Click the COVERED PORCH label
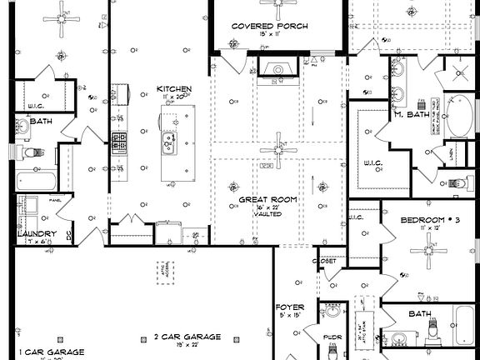click(x=269, y=26)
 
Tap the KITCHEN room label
click(x=174, y=89)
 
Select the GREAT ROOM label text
click(x=267, y=201)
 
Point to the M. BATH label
click(x=411, y=114)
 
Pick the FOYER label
click(x=290, y=307)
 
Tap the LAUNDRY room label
click(x=37, y=234)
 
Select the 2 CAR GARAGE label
click(x=187, y=337)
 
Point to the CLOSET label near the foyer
click(x=326, y=261)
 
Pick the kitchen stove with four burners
click(x=120, y=143)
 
